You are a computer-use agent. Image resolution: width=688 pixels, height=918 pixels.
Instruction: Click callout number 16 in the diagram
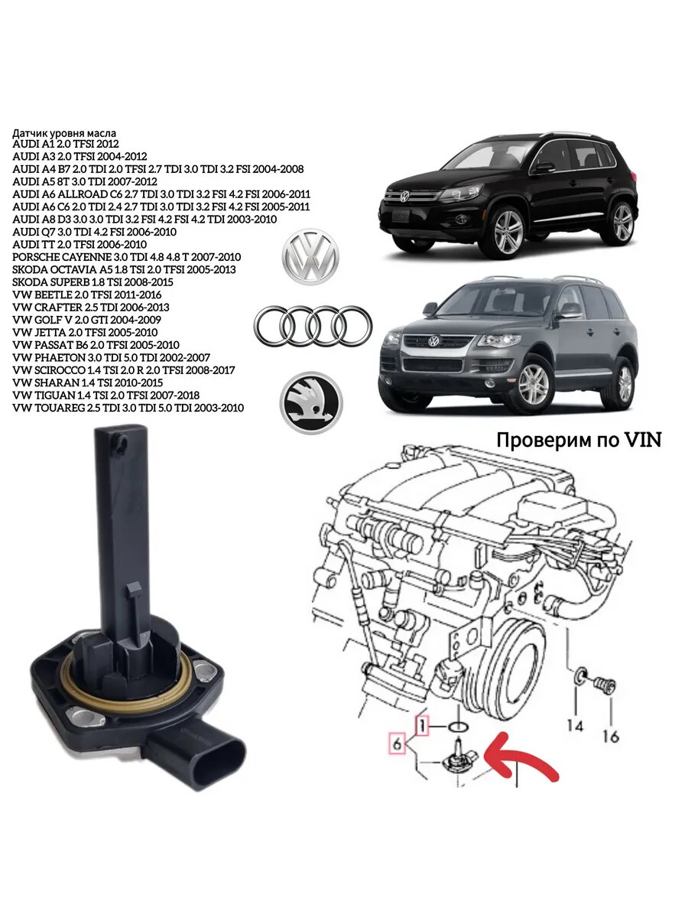pos(610,737)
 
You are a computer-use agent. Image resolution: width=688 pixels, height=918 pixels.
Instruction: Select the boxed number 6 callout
pos(396,742)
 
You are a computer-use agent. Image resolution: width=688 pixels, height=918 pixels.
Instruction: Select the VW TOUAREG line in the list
pos(128,408)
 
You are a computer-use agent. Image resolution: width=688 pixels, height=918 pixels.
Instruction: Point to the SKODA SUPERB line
pos(98,282)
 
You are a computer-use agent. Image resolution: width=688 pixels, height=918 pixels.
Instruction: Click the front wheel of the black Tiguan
pos(508,231)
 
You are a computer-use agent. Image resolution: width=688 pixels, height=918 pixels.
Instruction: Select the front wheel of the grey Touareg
pos(533,384)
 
